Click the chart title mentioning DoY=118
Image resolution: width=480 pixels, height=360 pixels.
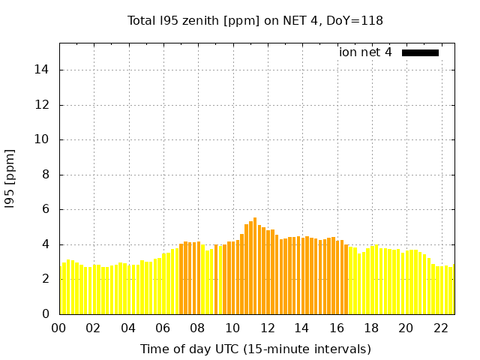coord(255,20)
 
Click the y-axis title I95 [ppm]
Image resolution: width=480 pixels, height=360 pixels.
coord(10,179)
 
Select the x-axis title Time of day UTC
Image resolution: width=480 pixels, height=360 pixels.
coord(255,349)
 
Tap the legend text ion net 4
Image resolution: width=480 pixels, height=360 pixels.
coord(365,52)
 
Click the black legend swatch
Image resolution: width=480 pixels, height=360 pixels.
coord(420,52)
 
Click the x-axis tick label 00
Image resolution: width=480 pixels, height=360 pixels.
coord(59,328)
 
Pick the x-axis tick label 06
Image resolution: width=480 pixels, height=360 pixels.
coord(163,328)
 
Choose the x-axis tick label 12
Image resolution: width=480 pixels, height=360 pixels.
coord(267,328)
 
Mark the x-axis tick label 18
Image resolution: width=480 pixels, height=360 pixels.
coord(371,328)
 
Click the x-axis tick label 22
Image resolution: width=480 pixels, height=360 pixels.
coord(440,328)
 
